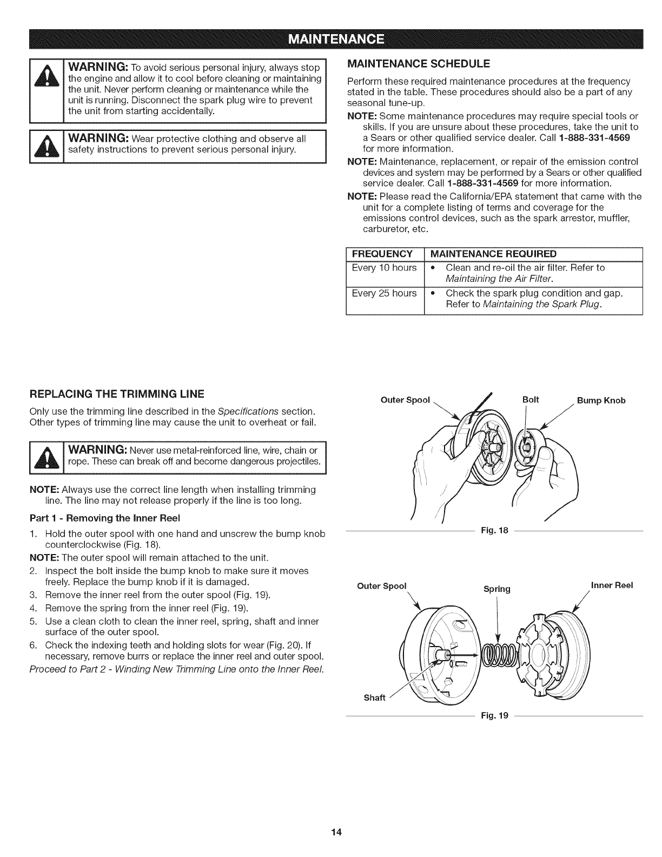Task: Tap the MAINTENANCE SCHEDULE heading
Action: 418,63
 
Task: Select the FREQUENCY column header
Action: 382,254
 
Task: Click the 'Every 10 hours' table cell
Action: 384,268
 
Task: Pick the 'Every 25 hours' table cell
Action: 384,293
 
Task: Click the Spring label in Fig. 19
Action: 496,589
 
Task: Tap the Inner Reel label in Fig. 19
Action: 612,585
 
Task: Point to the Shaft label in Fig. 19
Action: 374,697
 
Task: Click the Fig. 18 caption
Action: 495,531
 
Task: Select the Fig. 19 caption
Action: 495,716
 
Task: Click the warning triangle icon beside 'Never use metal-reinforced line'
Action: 47,456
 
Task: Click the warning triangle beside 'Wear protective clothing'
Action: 47,146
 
